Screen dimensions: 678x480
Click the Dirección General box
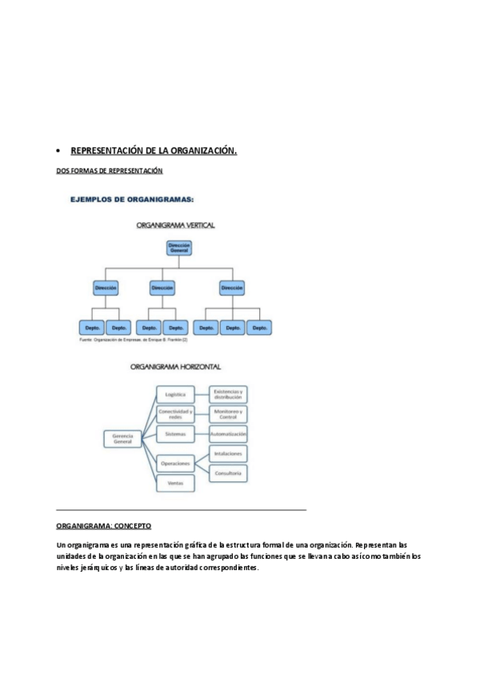(179, 248)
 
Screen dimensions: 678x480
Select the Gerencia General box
(122, 438)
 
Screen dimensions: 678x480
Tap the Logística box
(175, 394)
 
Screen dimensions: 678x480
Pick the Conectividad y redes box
(175, 414)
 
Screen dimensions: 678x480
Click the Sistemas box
(175, 434)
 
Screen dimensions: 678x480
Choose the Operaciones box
(175, 464)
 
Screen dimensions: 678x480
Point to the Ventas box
(175, 483)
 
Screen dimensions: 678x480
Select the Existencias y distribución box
(228, 394)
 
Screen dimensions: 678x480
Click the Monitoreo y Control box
(228, 414)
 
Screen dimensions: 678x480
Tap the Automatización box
(228, 434)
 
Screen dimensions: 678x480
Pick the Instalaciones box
(228, 453)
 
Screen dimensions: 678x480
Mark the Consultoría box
(228, 473)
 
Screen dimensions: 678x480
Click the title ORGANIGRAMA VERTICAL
(176, 225)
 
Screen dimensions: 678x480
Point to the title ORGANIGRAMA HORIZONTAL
(175, 368)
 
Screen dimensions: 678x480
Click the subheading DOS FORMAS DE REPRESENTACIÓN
(109, 170)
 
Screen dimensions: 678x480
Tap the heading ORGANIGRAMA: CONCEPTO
(103, 525)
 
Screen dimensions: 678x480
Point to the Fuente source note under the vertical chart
(134, 340)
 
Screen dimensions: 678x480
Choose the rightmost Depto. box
(258, 328)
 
